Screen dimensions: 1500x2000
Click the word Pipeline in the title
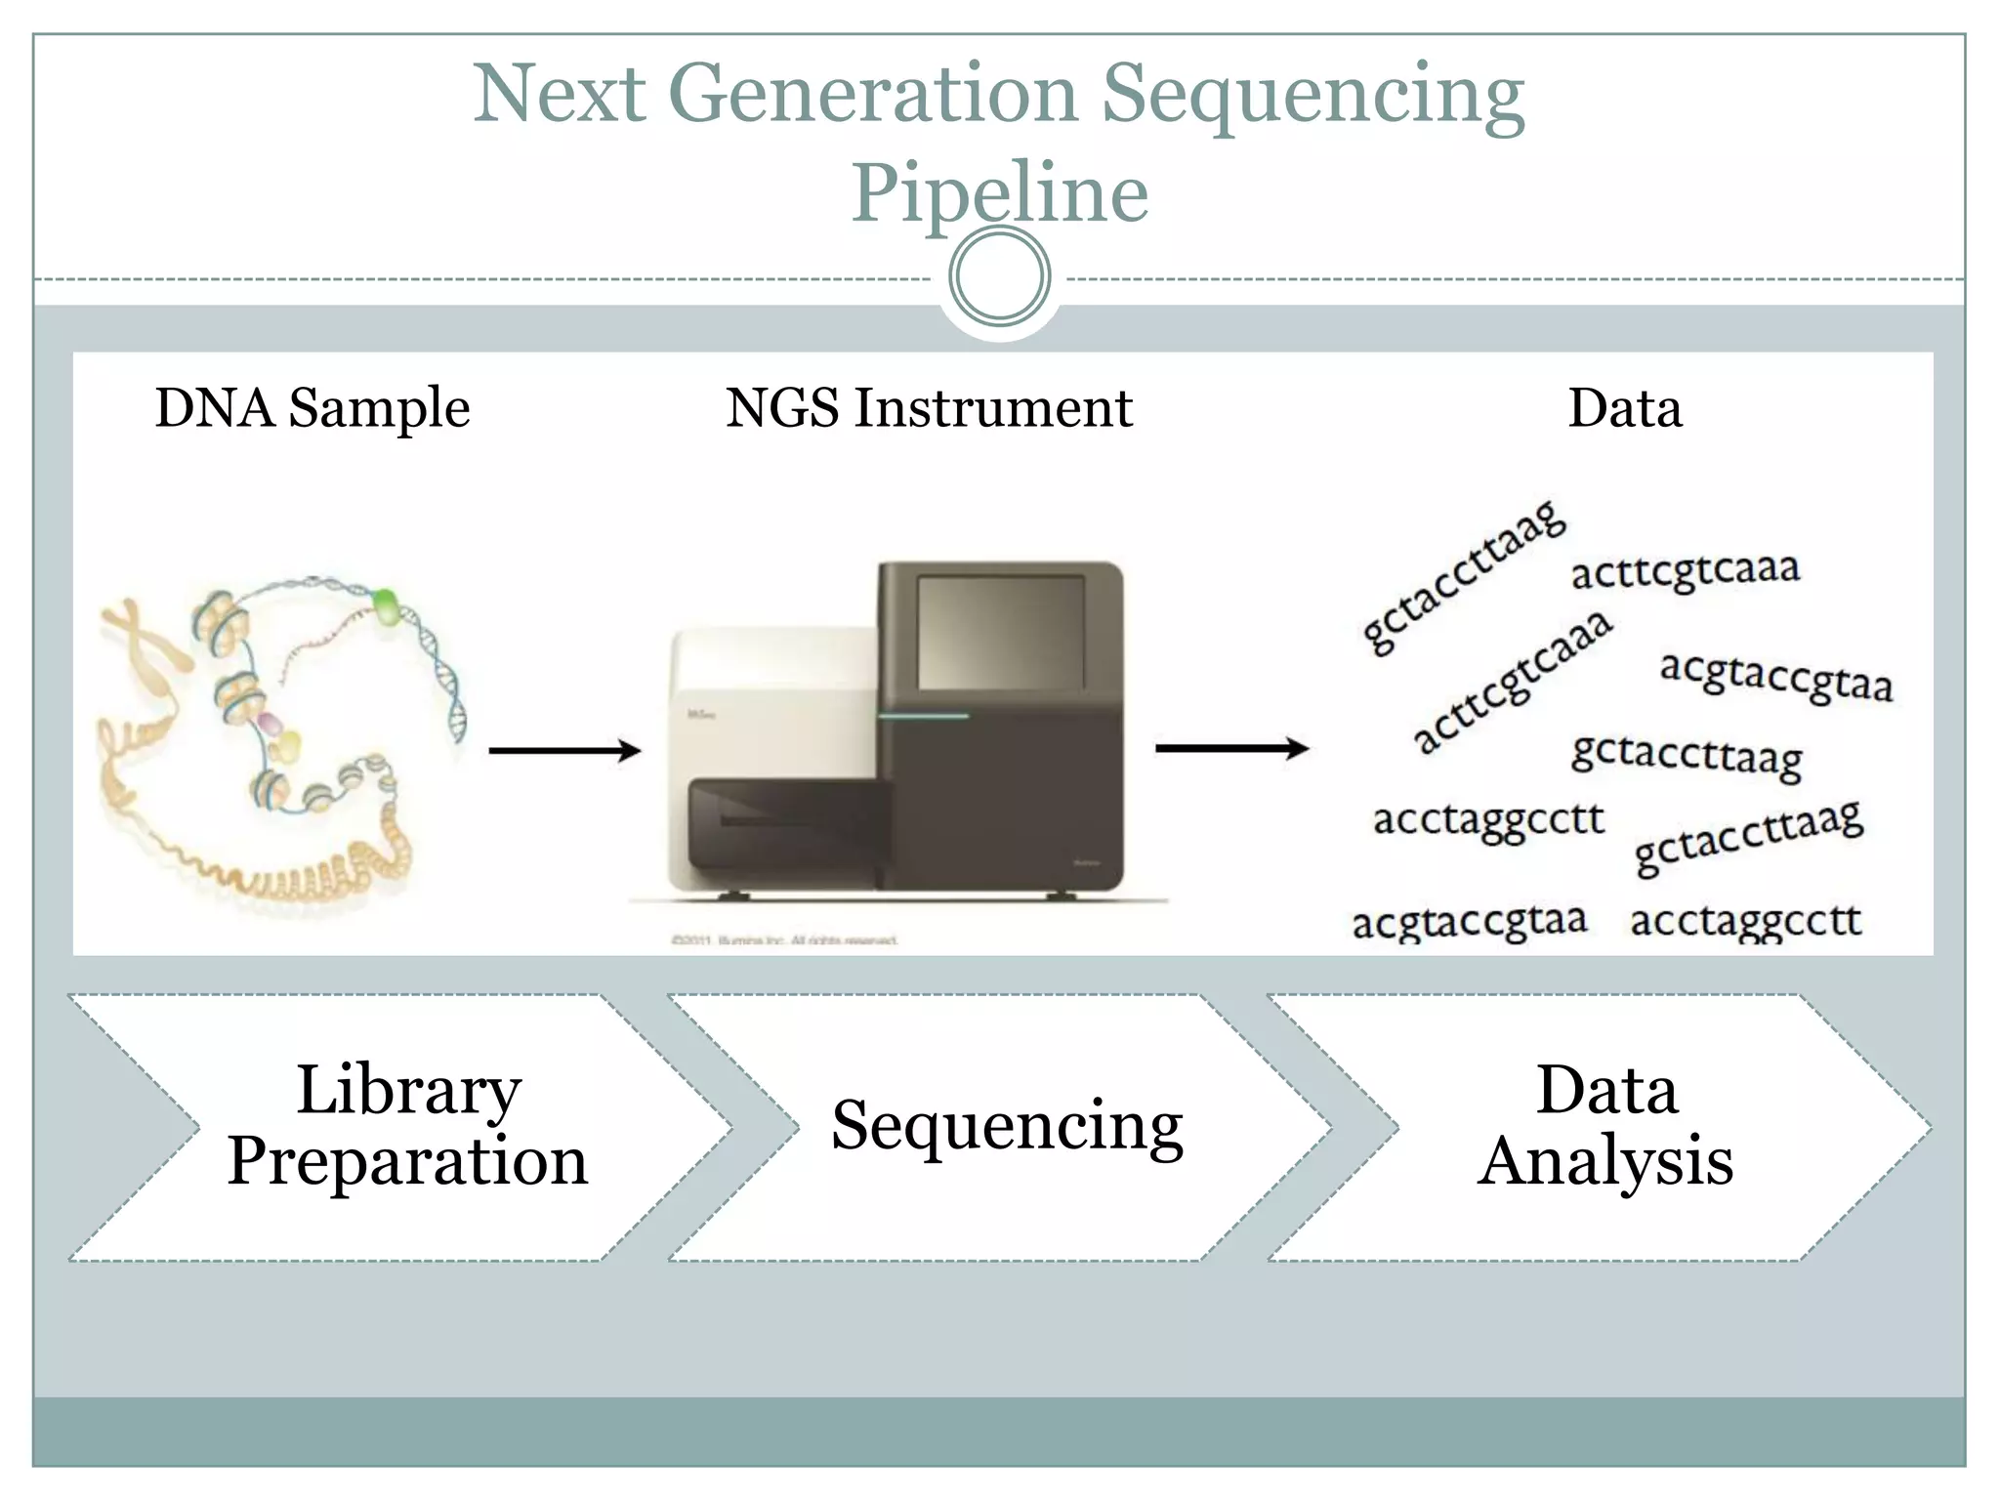coord(999,193)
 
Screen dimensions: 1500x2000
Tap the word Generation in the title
coord(874,94)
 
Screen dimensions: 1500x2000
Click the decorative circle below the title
coord(999,276)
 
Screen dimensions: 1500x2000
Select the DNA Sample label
coord(312,407)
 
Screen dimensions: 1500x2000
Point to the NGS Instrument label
coord(929,407)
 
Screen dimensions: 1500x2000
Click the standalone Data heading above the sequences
coord(1625,407)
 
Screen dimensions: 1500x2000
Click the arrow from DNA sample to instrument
coord(564,750)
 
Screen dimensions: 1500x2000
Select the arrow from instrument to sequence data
coord(1230,749)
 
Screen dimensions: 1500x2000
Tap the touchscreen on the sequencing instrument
coord(1001,633)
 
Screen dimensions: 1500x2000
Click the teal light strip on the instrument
coord(923,716)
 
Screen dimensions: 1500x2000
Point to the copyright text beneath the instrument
coord(784,940)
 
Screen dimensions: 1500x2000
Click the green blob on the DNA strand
coord(387,605)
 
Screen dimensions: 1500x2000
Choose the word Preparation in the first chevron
coord(408,1161)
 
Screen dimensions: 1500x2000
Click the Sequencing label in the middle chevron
coord(1007,1126)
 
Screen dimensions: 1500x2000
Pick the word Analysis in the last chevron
coord(1604,1161)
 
